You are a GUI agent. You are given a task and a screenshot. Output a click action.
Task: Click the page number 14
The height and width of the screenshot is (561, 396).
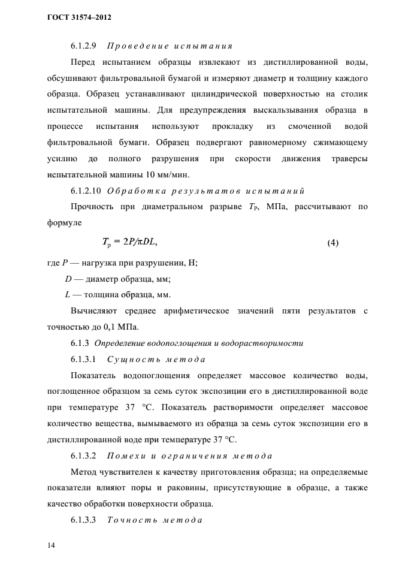click(50, 545)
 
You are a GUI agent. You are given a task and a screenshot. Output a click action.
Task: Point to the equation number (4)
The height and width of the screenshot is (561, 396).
click(333, 243)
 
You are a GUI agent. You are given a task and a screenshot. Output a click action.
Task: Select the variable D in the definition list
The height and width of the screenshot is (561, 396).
click(68, 279)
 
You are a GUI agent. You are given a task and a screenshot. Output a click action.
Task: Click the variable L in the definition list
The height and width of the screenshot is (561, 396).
click(67, 294)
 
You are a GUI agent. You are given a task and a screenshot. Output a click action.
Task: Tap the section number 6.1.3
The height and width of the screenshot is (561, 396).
click(80, 343)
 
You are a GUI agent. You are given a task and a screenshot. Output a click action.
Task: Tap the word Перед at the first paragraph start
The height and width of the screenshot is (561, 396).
click(83, 62)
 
